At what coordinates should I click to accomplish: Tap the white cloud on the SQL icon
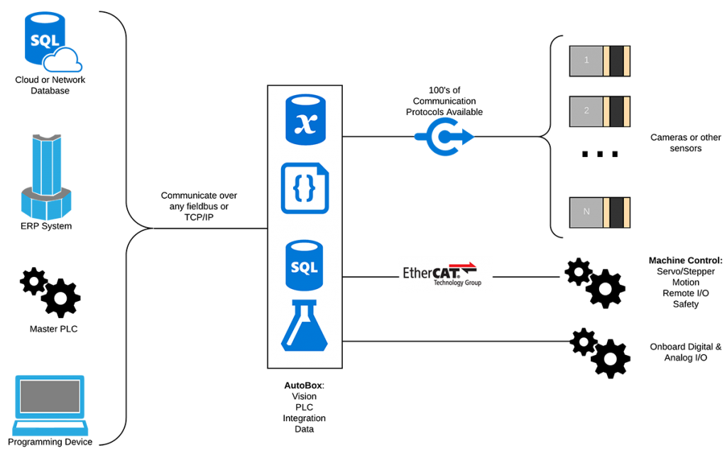tap(65, 62)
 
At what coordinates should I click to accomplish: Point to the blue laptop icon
tap(50, 405)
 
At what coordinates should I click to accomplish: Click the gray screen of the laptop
tap(50, 396)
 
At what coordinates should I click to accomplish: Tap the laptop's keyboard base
tap(50, 429)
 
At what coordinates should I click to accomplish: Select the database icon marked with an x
tap(305, 119)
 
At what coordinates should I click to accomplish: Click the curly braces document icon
tap(305, 188)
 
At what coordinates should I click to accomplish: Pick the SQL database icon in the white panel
tap(304, 265)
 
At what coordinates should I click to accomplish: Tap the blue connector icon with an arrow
tap(444, 136)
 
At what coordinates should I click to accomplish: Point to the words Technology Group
tap(457, 283)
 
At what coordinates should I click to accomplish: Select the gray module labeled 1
tap(586, 61)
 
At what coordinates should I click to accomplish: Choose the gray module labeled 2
tap(586, 111)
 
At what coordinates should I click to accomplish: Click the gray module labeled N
tap(586, 212)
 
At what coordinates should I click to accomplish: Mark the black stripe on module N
tap(616, 212)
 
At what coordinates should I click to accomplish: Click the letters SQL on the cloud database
tap(45, 40)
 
